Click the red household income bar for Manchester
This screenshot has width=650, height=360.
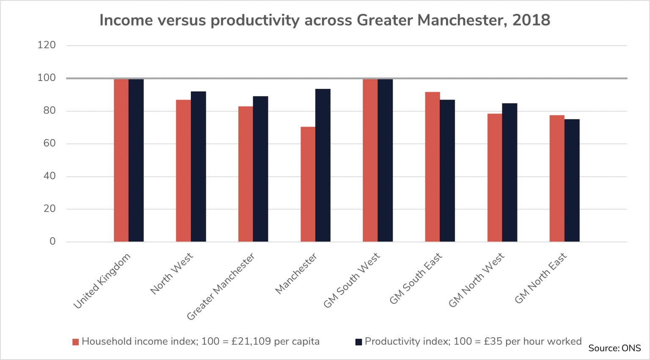click(308, 184)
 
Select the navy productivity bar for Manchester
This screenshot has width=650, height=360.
click(323, 165)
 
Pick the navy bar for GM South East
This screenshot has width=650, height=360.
click(447, 170)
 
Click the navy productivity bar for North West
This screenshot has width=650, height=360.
click(198, 166)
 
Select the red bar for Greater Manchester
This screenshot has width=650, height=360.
click(245, 174)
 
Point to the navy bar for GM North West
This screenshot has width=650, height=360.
click(510, 172)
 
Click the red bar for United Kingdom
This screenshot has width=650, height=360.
click(121, 160)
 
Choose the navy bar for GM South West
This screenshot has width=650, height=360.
click(385, 160)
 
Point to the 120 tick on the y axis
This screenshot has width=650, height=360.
click(47, 45)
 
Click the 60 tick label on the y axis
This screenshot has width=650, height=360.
click(49, 143)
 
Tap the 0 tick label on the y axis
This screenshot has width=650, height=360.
click(52, 242)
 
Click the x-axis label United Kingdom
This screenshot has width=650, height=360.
click(102, 281)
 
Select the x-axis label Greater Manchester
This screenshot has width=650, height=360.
click(221, 286)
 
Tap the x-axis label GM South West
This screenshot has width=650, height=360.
click(352, 280)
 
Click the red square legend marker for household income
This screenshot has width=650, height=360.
click(76, 342)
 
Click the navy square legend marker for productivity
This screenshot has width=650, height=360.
click(358, 342)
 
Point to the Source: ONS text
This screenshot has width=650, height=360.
click(614, 348)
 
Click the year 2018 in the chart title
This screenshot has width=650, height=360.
click(531, 20)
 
